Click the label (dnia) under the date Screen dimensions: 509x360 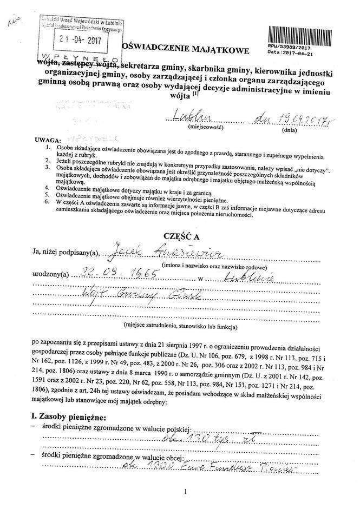pyautogui.click(x=289, y=130)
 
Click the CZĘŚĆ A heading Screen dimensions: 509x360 pyautogui.click(x=181, y=236)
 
